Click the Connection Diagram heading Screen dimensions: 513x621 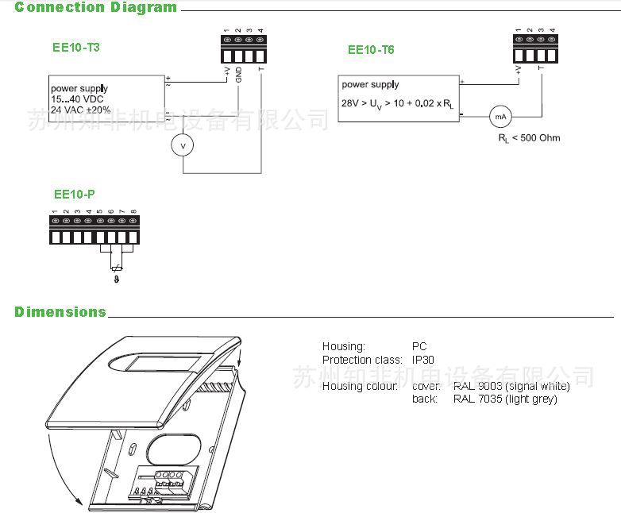(x=95, y=8)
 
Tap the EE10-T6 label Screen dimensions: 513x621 (x=371, y=49)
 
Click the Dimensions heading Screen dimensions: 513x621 (x=60, y=312)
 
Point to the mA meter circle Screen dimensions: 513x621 (x=500, y=116)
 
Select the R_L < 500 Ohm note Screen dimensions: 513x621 (x=529, y=138)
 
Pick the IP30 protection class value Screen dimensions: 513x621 (x=422, y=360)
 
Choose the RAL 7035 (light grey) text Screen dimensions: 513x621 (x=505, y=399)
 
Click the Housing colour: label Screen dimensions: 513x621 (x=359, y=386)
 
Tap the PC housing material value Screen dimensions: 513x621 (x=418, y=346)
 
